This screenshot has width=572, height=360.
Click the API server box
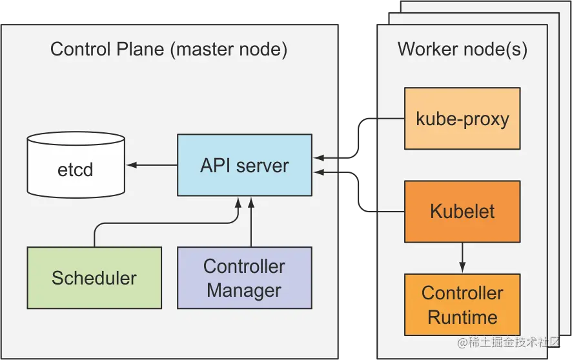pyautogui.click(x=244, y=165)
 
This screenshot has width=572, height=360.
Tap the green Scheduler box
pyautogui.click(x=94, y=277)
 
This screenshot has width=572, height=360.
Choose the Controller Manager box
pyautogui.click(x=244, y=277)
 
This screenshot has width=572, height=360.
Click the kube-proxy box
pyautogui.click(x=462, y=119)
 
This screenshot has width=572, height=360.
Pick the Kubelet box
pyautogui.click(x=462, y=211)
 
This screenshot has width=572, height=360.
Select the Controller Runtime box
pyautogui.click(x=462, y=305)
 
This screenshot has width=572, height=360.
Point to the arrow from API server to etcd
pyautogui.click(x=152, y=165)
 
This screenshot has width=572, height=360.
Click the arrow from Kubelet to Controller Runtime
pyautogui.click(x=462, y=257)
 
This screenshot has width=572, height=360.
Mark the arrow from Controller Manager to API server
pyautogui.click(x=251, y=223)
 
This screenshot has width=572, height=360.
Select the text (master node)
pyautogui.click(x=229, y=50)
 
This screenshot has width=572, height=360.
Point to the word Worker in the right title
pyautogui.click(x=427, y=50)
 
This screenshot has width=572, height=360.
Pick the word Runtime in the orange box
pyautogui.click(x=462, y=317)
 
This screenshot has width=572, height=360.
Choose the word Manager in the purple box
pyautogui.click(x=244, y=290)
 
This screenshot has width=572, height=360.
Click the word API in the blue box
pyautogui.click(x=215, y=165)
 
